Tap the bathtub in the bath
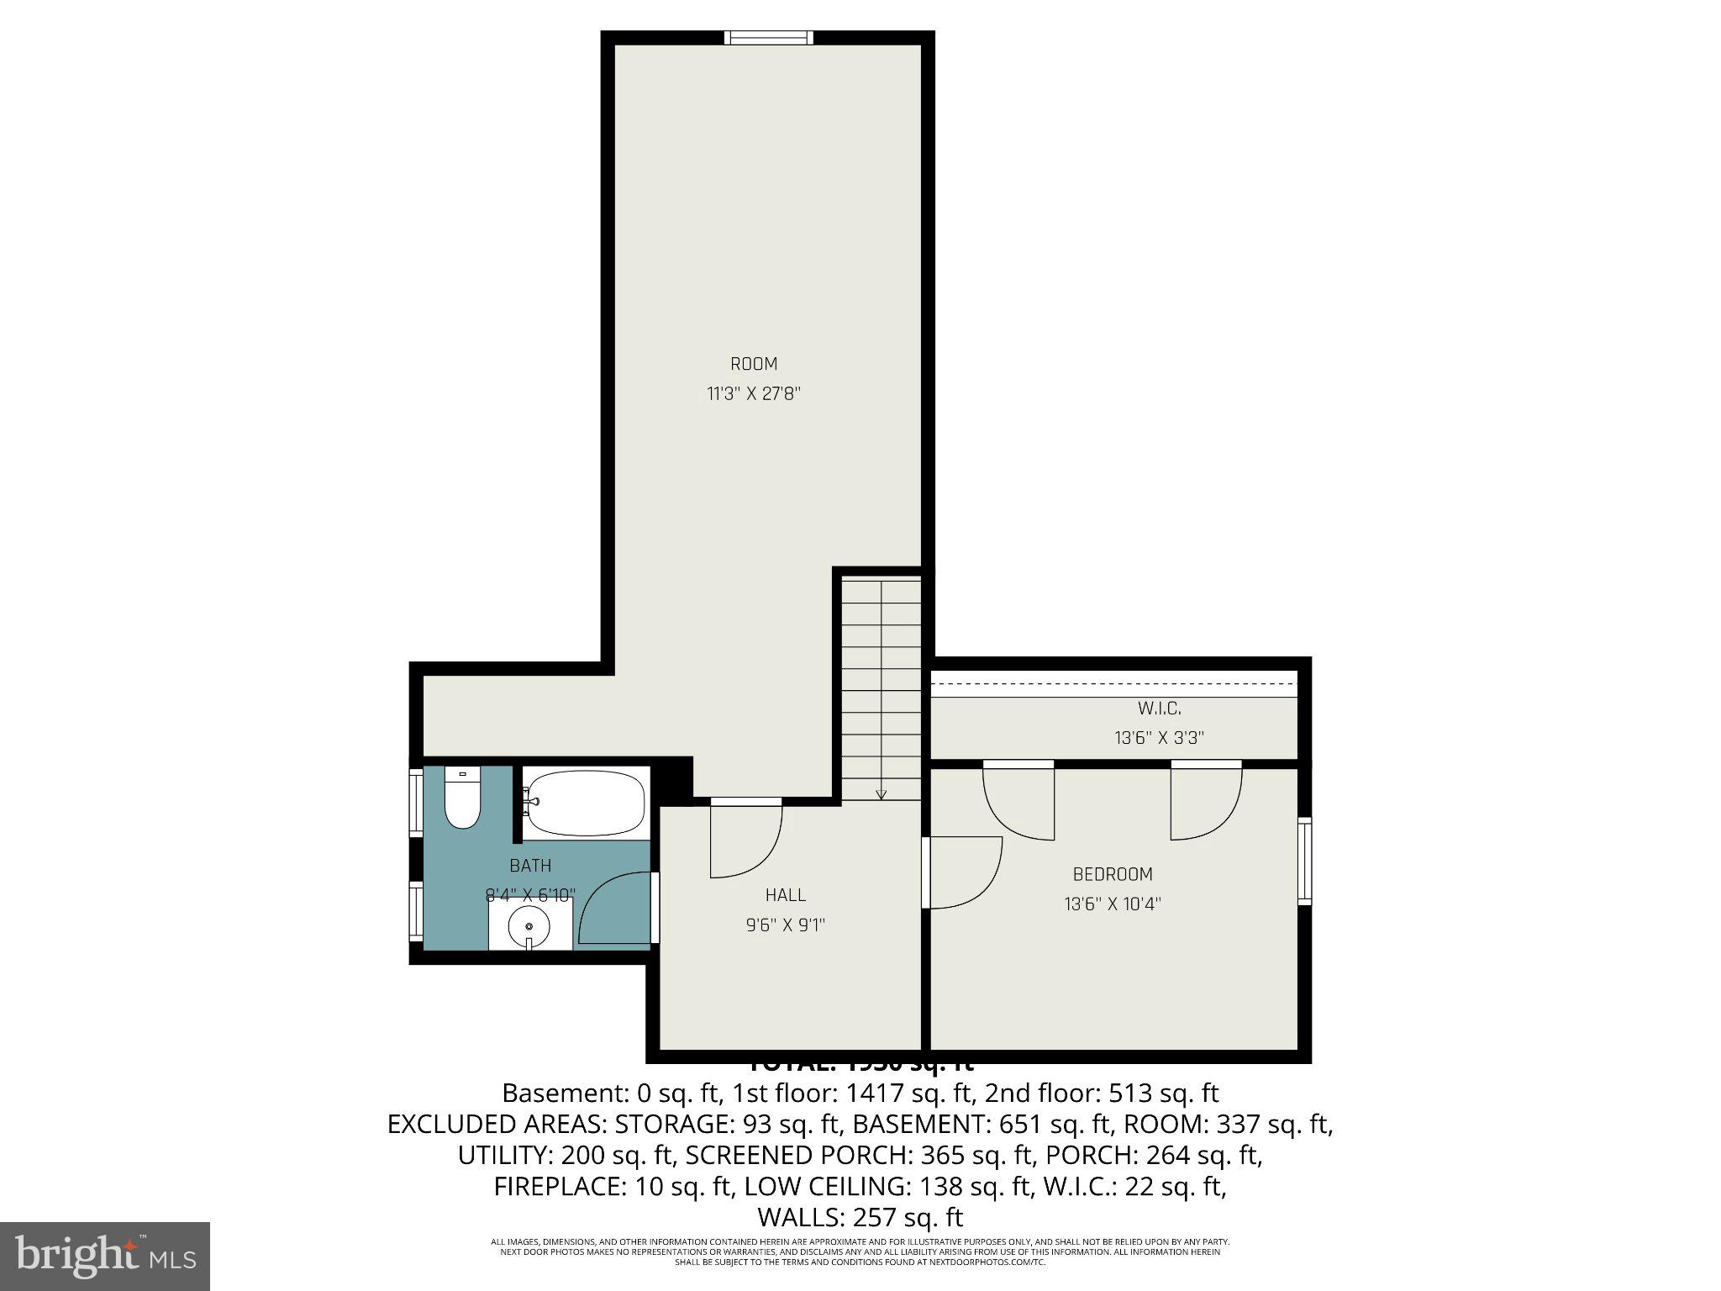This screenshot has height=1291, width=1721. (586, 803)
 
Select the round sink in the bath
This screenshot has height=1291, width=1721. (529, 927)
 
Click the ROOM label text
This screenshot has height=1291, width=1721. (754, 364)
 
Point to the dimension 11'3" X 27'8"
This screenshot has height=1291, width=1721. (754, 394)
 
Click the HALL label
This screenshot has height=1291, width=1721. (786, 895)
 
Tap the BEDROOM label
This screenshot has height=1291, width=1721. (1113, 874)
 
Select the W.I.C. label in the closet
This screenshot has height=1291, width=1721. (1160, 709)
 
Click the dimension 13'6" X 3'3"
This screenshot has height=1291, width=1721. (1160, 738)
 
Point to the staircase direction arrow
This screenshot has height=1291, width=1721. (881, 793)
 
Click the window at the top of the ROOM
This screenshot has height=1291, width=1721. (769, 37)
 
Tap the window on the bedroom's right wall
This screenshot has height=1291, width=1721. (1304, 861)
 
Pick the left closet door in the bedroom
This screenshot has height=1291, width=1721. (1019, 803)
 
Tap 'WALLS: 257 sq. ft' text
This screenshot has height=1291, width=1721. (860, 1217)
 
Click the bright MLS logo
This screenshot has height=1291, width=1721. (105, 1256)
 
